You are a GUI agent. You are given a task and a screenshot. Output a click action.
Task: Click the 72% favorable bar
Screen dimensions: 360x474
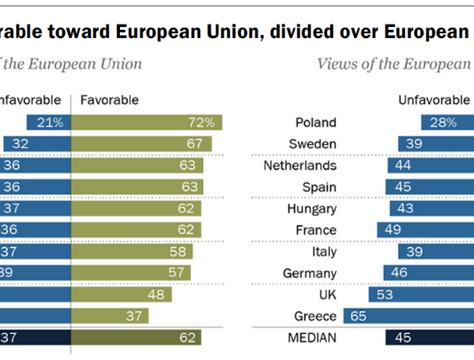(x=147, y=122)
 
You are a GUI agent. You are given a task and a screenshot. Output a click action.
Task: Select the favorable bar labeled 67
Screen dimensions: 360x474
(x=142, y=144)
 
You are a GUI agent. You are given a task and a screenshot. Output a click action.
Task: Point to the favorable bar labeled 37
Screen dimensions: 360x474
(x=111, y=316)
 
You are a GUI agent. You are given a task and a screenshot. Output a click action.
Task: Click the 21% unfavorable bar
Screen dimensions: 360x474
(x=48, y=122)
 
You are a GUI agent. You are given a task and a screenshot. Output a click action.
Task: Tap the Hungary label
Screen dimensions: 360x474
(x=314, y=208)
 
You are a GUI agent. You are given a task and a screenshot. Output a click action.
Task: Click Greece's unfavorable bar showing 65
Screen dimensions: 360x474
(x=419, y=316)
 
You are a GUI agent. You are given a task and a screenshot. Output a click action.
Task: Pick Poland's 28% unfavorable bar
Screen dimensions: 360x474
(x=448, y=122)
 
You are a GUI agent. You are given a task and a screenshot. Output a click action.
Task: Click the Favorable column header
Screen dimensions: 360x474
(x=110, y=99)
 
